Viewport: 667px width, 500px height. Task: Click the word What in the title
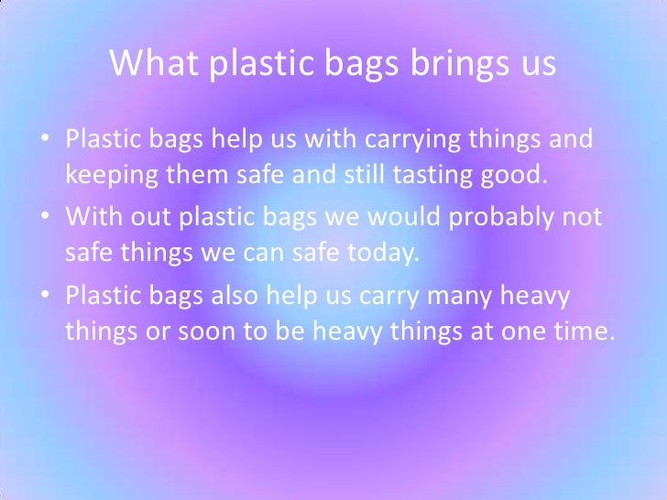(149, 63)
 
